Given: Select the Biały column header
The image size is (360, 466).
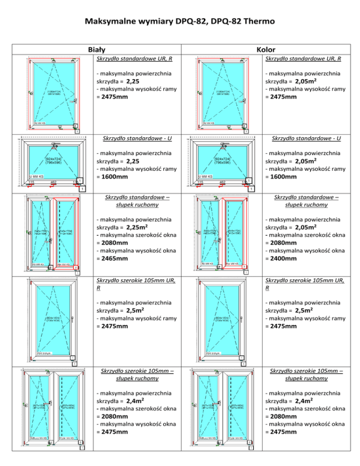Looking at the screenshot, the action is pyautogui.click(x=97, y=49).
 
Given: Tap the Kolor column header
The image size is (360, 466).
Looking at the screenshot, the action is pyautogui.click(x=266, y=49).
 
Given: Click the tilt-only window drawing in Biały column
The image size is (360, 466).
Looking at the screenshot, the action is pyautogui.click(x=51, y=162).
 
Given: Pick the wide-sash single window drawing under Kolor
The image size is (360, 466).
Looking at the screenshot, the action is pyautogui.click(x=220, y=319).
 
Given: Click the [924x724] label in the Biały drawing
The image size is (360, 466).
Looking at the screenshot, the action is pyautogui.click(x=52, y=158).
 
